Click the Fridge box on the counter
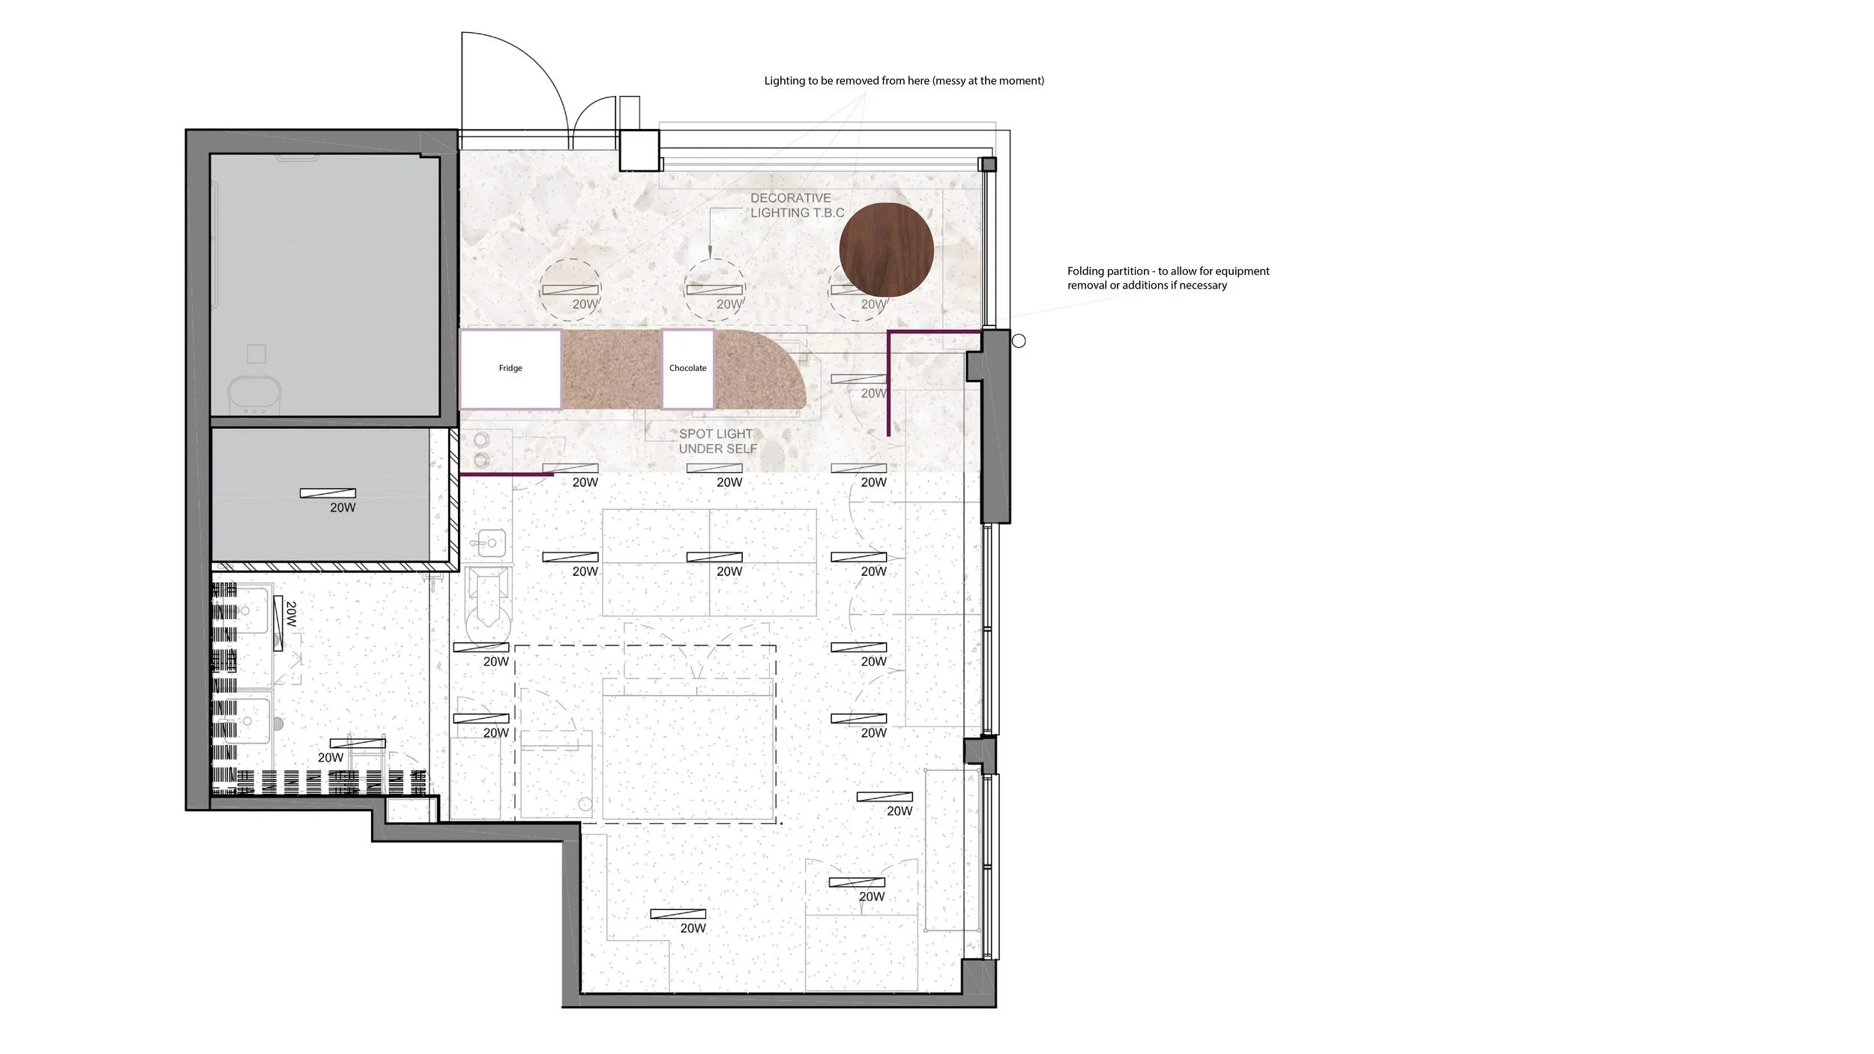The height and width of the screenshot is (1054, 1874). [510, 369]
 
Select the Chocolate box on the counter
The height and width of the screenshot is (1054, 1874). [687, 369]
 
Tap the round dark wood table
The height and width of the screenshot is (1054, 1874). [886, 250]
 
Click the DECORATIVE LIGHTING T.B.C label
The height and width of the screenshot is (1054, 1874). [797, 205]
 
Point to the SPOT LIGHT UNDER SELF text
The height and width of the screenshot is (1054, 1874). [717, 442]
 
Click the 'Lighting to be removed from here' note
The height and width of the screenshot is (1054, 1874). [904, 81]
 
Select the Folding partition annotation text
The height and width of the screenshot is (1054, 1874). [1168, 278]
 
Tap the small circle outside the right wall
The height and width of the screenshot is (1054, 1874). [1019, 341]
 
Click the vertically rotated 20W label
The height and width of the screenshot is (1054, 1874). [291, 614]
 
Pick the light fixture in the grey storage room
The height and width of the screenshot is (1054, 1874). [328, 493]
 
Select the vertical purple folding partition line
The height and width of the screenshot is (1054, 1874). [888, 383]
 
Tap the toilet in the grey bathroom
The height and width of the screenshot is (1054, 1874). [254, 394]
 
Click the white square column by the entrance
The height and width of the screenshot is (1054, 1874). [639, 150]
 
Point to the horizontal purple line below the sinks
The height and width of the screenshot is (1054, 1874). [507, 475]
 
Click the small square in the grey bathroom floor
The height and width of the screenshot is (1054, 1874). [256, 353]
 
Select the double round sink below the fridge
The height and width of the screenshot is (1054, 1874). [482, 448]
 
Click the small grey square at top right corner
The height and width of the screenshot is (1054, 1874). [989, 164]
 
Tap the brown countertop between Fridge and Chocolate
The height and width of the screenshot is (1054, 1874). [612, 369]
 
